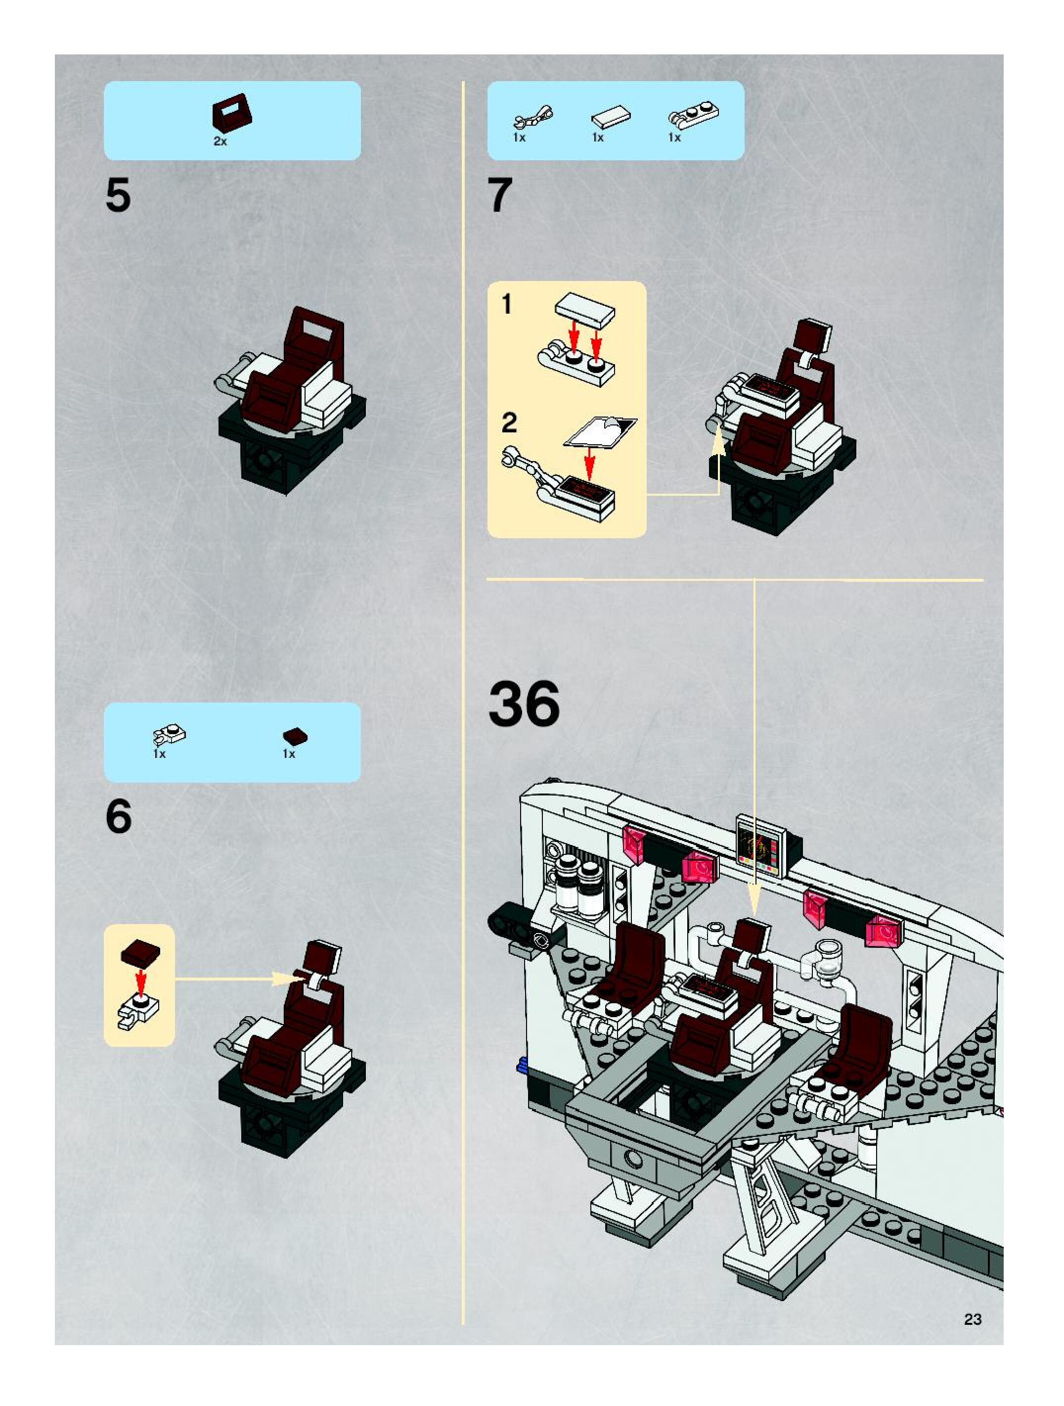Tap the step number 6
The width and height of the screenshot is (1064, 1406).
119,816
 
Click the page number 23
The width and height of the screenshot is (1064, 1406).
973,1319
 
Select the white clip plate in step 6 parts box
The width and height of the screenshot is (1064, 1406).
169,736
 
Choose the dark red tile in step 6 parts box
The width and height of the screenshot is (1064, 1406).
295,736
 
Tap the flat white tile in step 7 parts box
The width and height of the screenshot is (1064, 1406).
611,116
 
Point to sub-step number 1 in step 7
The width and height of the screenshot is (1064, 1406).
506,304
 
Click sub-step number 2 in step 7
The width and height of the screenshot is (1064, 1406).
509,422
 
